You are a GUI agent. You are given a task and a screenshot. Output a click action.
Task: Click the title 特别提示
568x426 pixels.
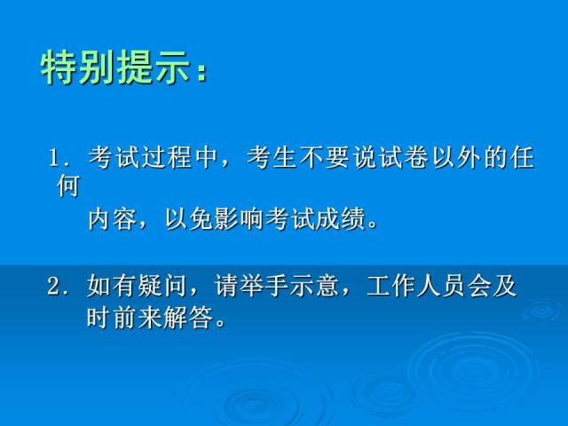116,68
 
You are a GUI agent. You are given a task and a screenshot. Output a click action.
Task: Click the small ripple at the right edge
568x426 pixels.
542,309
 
